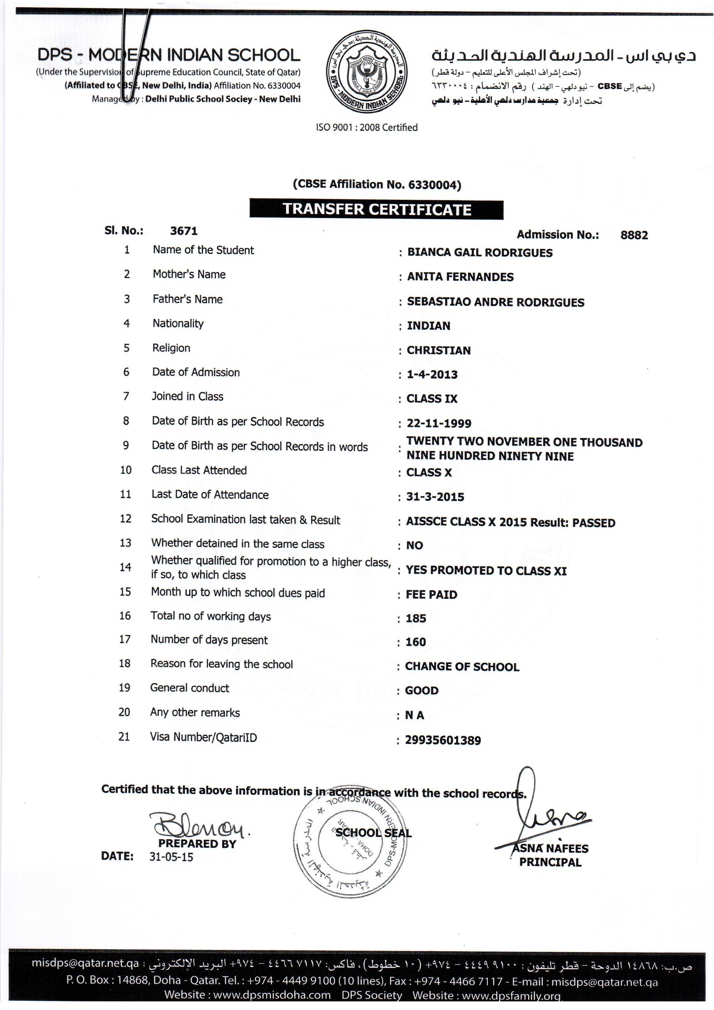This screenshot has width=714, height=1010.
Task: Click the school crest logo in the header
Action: (x=366, y=72)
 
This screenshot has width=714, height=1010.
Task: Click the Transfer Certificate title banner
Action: (x=376, y=209)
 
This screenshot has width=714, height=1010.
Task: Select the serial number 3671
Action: (x=184, y=231)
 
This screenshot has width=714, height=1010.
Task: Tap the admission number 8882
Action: (x=634, y=235)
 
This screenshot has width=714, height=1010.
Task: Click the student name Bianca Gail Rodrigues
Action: (x=480, y=253)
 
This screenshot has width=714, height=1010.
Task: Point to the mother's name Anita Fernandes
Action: (x=460, y=277)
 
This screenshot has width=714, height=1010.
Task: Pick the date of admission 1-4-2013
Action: (x=432, y=374)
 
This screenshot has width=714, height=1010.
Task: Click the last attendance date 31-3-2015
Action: (x=435, y=497)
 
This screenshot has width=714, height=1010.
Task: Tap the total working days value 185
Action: (x=416, y=619)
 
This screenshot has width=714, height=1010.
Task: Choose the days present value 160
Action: (x=416, y=642)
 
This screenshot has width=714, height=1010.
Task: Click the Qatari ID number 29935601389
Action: (x=443, y=740)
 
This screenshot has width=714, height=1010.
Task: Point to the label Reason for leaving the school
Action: (x=222, y=664)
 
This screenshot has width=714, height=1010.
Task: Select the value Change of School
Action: (x=462, y=667)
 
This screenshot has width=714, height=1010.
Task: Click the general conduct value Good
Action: (x=422, y=691)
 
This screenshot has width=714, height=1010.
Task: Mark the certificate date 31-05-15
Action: (x=171, y=857)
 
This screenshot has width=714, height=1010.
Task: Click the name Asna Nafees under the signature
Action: (x=551, y=848)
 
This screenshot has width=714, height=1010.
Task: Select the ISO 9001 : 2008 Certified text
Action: (x=367, y=128)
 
